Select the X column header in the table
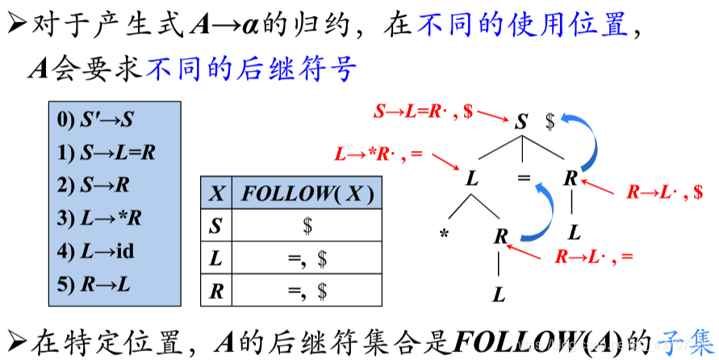(215, 194)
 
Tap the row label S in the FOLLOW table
(215, 227)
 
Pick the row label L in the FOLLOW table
(215, 259)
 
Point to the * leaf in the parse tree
(445, 235)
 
